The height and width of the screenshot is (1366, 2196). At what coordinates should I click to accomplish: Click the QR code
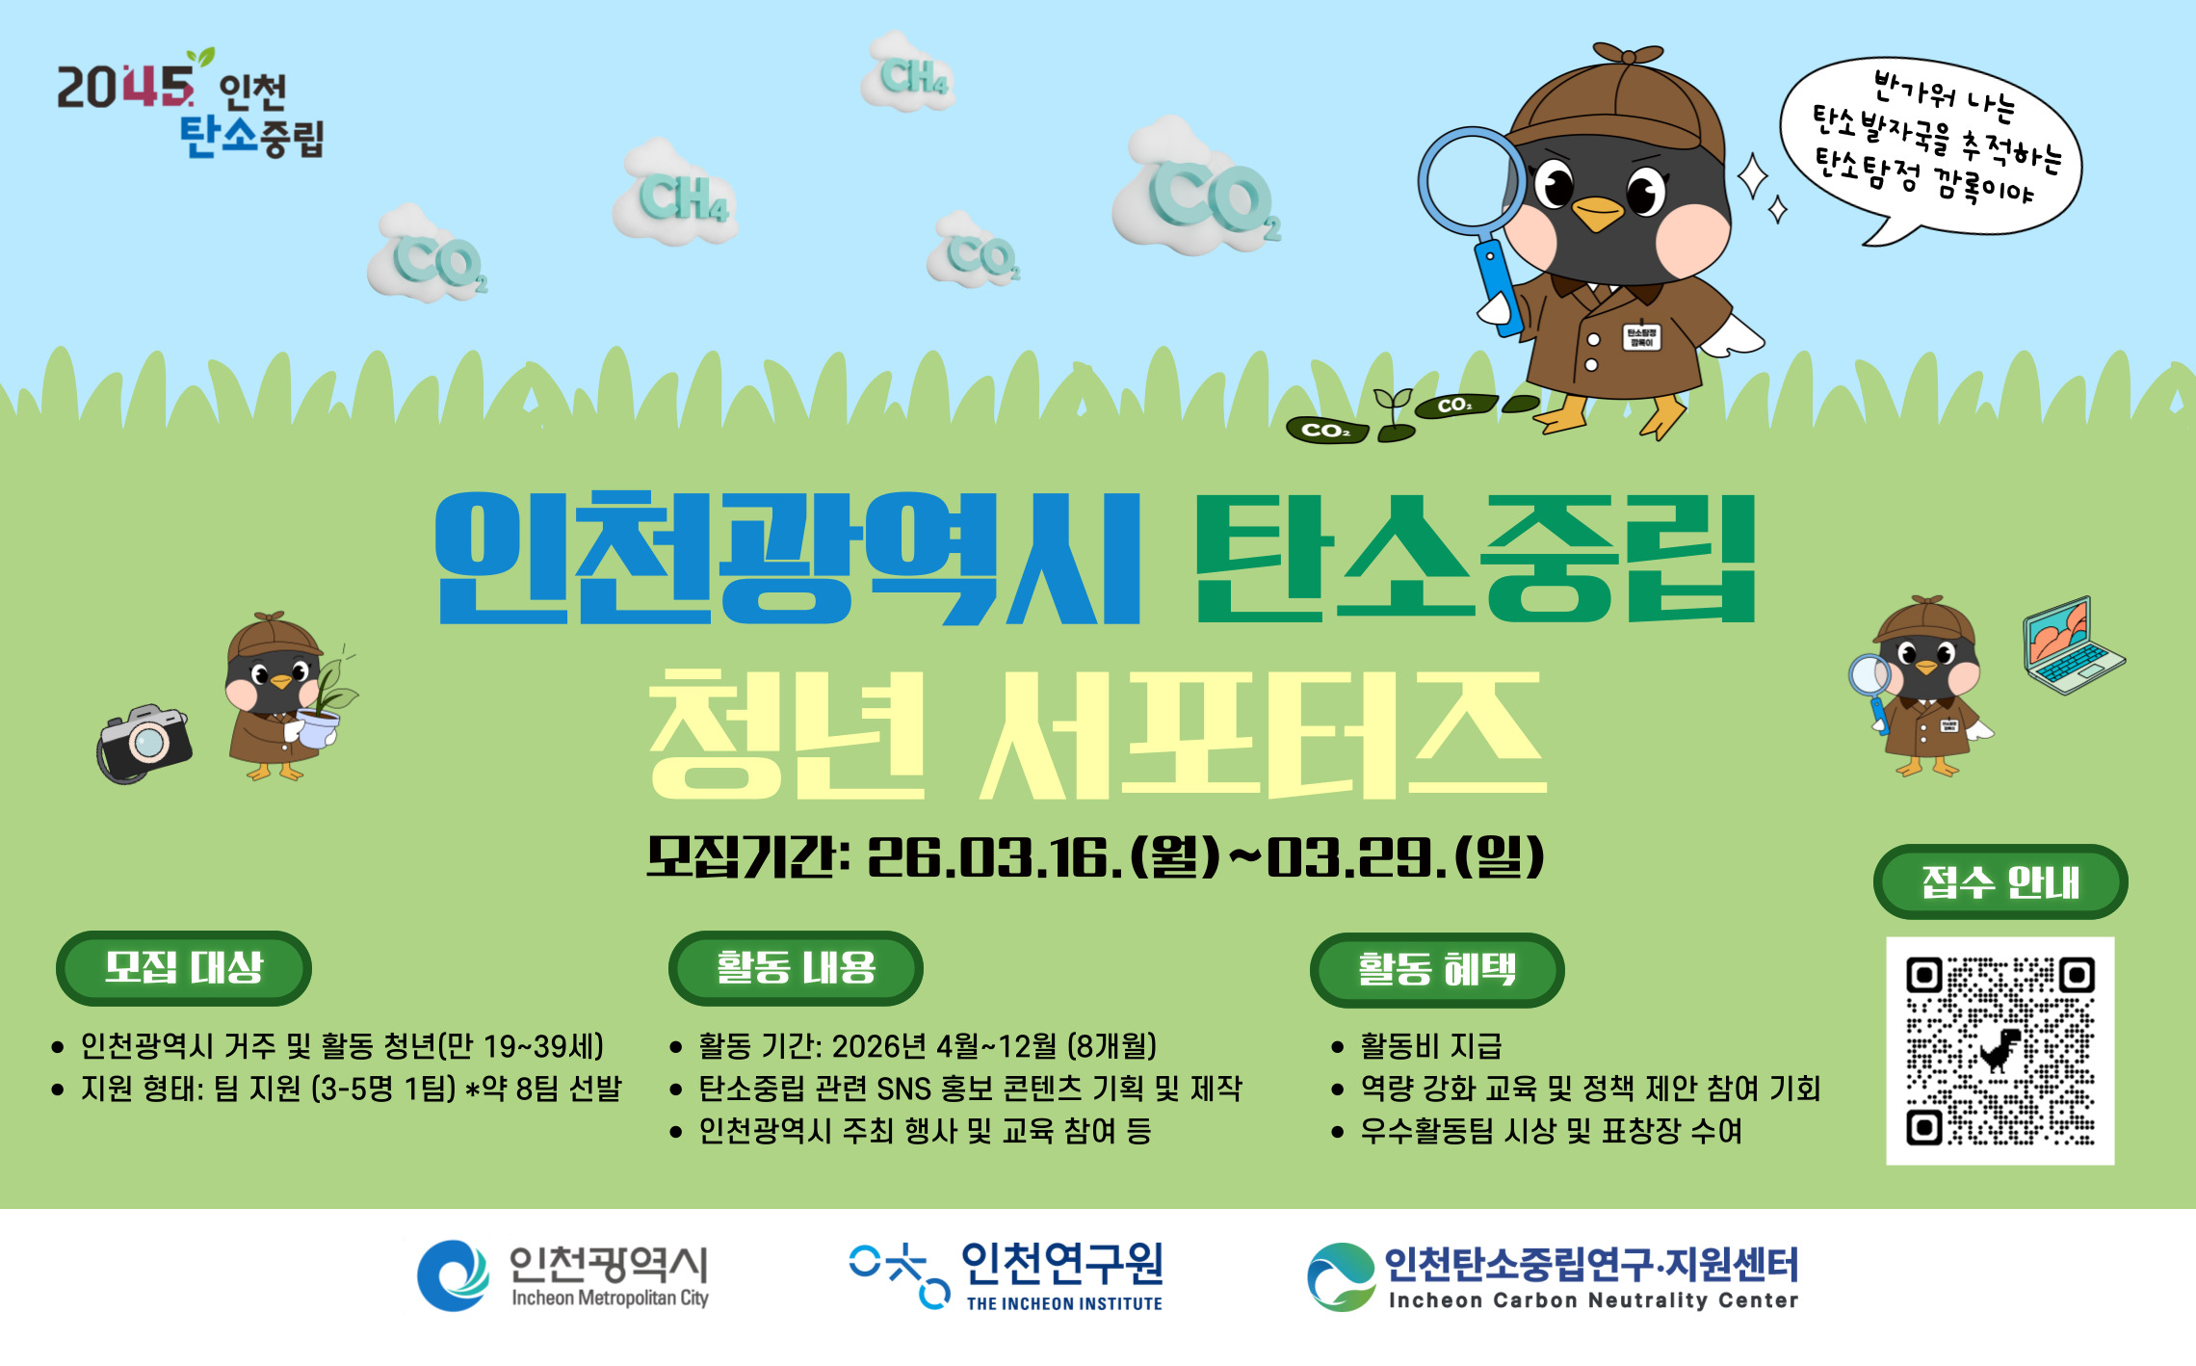2000,1051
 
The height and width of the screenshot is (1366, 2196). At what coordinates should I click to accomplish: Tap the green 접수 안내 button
2000,881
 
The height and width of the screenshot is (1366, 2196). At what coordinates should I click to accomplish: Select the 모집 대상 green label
183,967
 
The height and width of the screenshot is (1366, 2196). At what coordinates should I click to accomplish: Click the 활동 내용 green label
796,967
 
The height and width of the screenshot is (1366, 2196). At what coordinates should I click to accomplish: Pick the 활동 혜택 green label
1436,969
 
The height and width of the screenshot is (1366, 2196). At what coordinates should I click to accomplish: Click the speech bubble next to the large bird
1931,144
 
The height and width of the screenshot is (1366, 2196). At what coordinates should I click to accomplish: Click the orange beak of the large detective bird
1597,213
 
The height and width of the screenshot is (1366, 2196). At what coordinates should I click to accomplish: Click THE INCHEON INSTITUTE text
1064,1303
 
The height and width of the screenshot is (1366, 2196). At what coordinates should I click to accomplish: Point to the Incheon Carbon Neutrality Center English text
1592,1300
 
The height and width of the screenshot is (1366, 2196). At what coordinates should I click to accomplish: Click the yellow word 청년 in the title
785,737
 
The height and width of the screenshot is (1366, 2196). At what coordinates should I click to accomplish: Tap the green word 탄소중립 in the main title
1474,559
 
